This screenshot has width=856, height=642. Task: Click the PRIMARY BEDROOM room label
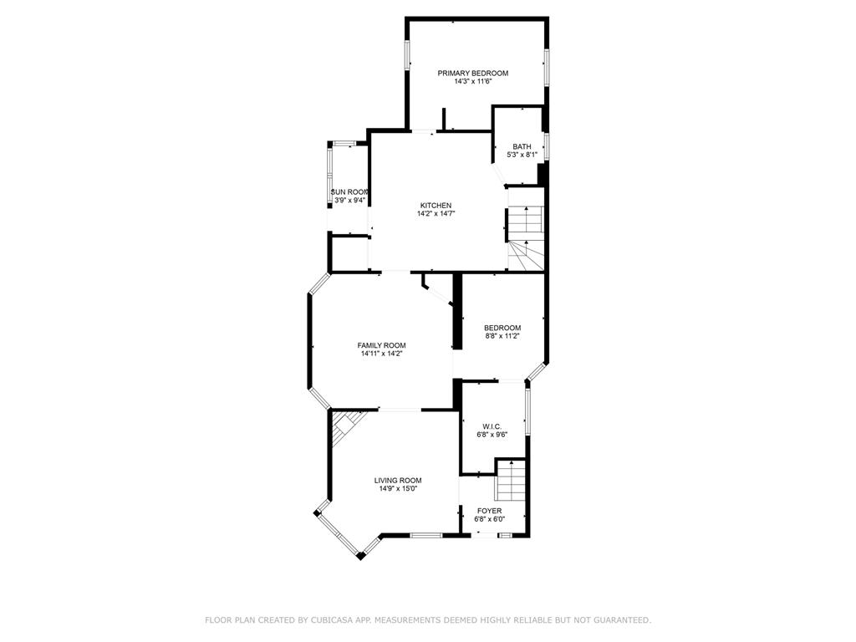pos(472,74)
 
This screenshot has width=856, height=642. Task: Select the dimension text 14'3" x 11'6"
pos(472,82)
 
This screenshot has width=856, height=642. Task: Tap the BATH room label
pos(522,147)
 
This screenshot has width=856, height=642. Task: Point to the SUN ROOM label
pos(349,192)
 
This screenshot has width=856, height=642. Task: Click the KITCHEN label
pos(436,206)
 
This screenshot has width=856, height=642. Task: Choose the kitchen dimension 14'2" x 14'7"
pos(436,214)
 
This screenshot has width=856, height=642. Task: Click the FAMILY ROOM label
pos(381,346)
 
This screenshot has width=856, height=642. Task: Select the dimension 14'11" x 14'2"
pos(381,354)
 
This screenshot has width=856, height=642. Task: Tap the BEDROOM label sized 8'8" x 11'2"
pos(502,328)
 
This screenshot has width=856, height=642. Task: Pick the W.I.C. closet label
pos(492,426)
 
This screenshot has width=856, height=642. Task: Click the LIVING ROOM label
pos(397,481)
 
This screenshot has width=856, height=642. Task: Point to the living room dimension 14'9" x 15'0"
pos(397,489)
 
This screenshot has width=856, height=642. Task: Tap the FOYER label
pos(489,511)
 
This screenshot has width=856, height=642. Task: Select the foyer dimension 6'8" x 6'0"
pos(489,519)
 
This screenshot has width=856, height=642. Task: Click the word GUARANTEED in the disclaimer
pos(619,620)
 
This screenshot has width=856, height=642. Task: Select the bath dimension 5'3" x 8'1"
pos(522,155)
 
